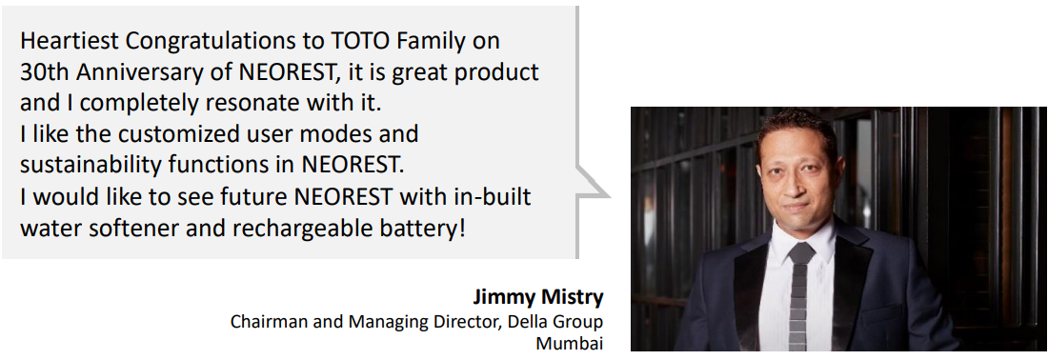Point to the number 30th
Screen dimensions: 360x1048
tap(41, 72)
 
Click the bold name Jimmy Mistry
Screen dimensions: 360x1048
tap(537, 296)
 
